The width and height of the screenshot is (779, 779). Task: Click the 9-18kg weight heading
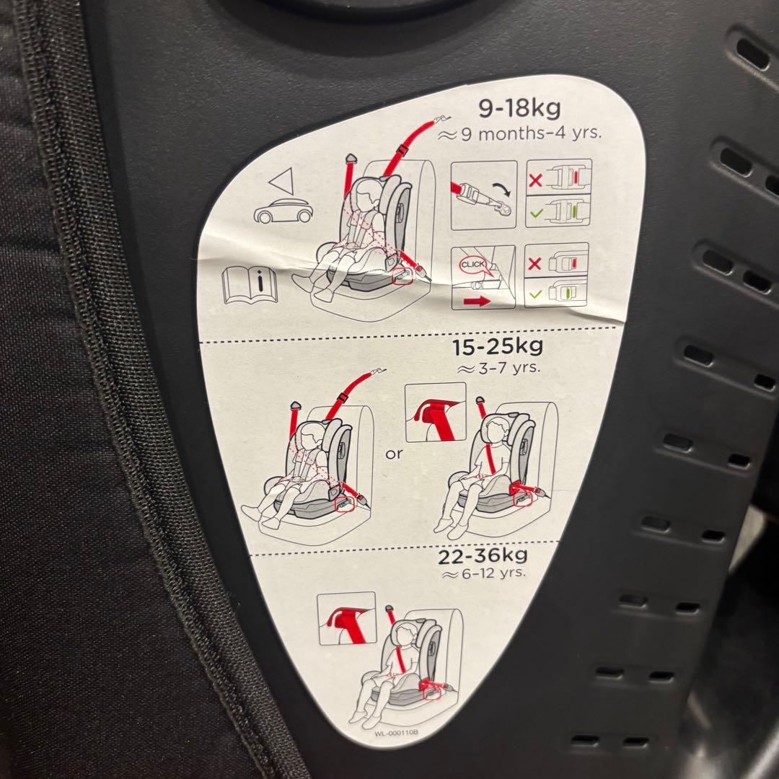(x=519, y=108)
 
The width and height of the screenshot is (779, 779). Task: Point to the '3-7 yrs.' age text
(x=506, y=368)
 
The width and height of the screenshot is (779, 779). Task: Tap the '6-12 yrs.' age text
(x=489, y=574)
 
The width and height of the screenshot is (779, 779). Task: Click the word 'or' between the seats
(x=394, y=454)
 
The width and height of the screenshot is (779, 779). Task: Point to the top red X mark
(x=534, y=180)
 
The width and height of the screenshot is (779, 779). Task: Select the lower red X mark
(x=535, y=264)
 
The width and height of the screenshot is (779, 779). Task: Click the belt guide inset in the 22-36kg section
(x=347, y=617)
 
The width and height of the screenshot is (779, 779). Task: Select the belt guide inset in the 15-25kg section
(x=435, y=412)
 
